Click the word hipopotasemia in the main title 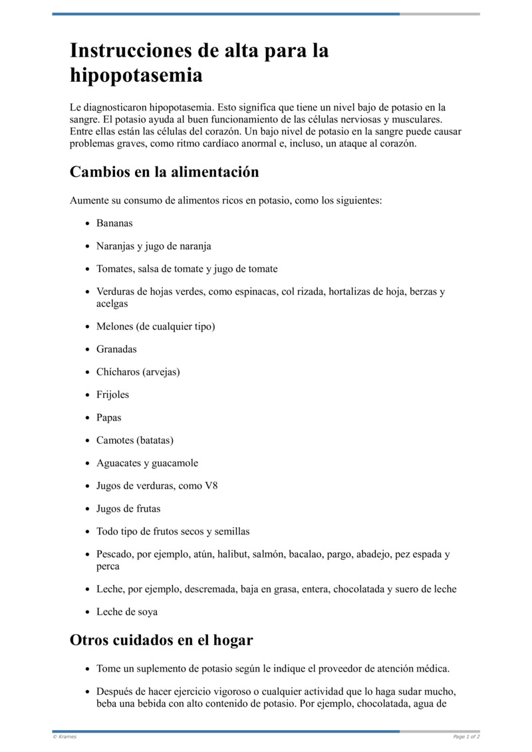click(136, 75)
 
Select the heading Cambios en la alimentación click(164, 172)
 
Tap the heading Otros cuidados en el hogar click(162, 640)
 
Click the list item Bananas click(114, 224)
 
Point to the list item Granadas click(116, 349)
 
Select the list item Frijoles click(113, 395)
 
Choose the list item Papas click(109, 418)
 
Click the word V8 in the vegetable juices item click(211, 486)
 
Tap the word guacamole click(175, 463)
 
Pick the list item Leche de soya click(127, 612)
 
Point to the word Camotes click(115, 441)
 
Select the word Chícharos click(118, 372)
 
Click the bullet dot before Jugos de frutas click(88, 509)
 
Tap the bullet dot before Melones click(88, 327)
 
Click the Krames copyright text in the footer click(65, 737)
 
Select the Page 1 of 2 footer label click(466, 737)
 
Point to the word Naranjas click(116, 246)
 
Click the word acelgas click(112, 303)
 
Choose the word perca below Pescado click(108, 566)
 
